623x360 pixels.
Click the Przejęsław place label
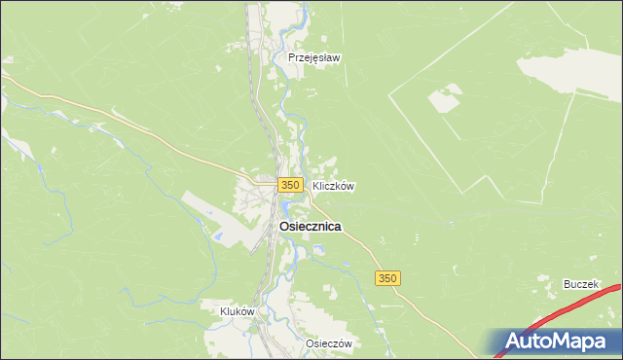[x=313, y=57]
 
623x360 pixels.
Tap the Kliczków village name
[x=332, y=185]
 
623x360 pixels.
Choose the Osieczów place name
[x=327, y=343]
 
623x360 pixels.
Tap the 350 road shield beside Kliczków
[x=288, y=184]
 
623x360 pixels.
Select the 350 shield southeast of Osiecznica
[x=387, y=278]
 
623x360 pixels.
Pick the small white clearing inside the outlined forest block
[x=446, y=98]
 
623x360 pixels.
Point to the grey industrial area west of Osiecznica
[x=209, y=208]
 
